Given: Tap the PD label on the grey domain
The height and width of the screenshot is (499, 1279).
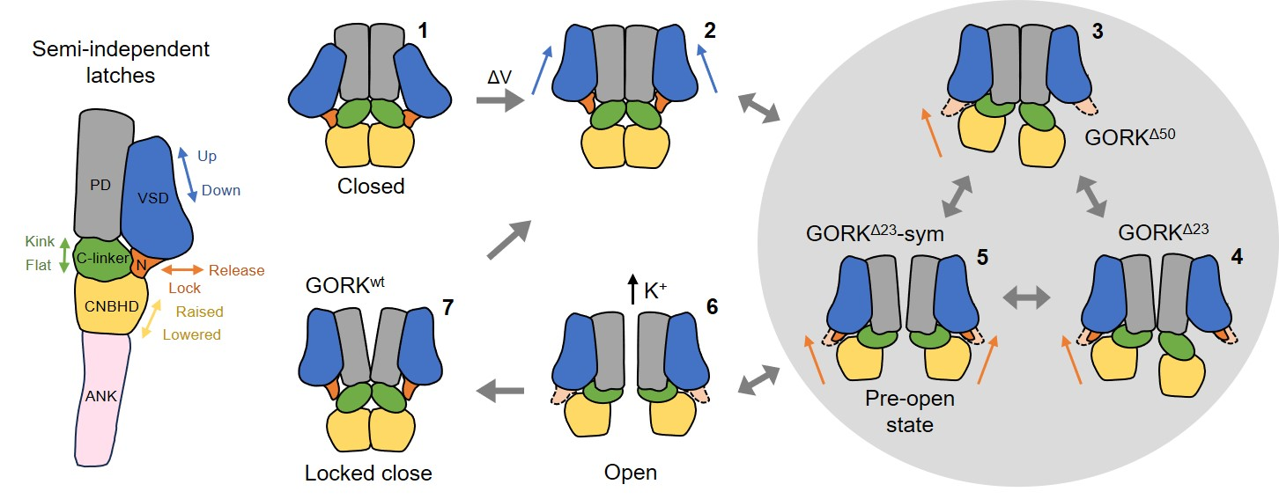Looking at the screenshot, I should [99, 185].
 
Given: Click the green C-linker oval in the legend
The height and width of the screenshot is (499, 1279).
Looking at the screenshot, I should [98, 258].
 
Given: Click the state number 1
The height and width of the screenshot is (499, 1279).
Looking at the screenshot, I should [424, 31].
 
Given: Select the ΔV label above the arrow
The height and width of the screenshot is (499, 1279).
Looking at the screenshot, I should [500, 77].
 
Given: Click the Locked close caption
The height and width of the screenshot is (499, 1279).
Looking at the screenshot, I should [368, 473].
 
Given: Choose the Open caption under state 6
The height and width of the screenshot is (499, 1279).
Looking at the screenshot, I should [631, 473].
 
